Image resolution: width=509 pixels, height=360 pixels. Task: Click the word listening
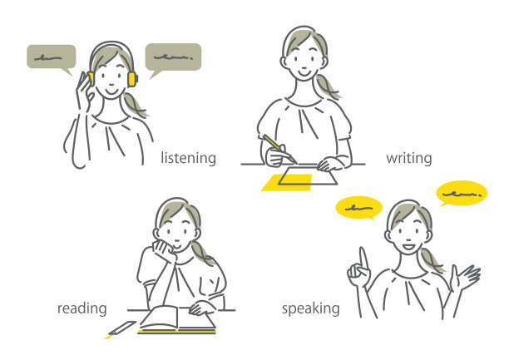click(x=188, y=159)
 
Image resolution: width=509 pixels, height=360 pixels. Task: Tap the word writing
click(x=409, y=159)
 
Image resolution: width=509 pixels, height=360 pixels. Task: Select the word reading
click(x=82, y=308)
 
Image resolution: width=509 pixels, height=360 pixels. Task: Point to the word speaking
click(x=311, y=308)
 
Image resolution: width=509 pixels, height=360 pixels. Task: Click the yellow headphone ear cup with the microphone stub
click(x=132, y=79)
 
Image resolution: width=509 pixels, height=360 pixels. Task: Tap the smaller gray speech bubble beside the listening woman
click(x=52, y=59)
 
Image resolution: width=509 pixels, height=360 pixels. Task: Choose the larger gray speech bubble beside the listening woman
click(x=173, y=60)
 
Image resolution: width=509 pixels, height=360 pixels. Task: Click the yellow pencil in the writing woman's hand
click(x=279, y=149)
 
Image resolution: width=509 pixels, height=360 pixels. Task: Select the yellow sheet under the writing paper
click(x=287, y=182)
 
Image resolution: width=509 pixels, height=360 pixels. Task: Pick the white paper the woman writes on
click(x=308, y=176)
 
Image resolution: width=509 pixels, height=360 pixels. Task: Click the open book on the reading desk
click(x=177, y=319)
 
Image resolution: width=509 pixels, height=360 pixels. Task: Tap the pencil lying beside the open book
click(x=121, y=330)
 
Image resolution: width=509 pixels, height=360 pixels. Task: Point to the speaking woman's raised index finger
click(x=363, y=259)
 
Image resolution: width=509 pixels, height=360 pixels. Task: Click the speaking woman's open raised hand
click(x=465, y=277)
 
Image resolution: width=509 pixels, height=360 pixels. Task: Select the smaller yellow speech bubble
click(x=358, y=208)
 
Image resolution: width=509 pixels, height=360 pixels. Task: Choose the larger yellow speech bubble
click(x=462, y=194)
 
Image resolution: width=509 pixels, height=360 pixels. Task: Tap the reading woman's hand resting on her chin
click(x=166, y=250)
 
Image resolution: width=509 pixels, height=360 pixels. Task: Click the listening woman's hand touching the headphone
click(x=85, y=91)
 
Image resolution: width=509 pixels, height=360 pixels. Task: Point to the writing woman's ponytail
click(x=327, y=86)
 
